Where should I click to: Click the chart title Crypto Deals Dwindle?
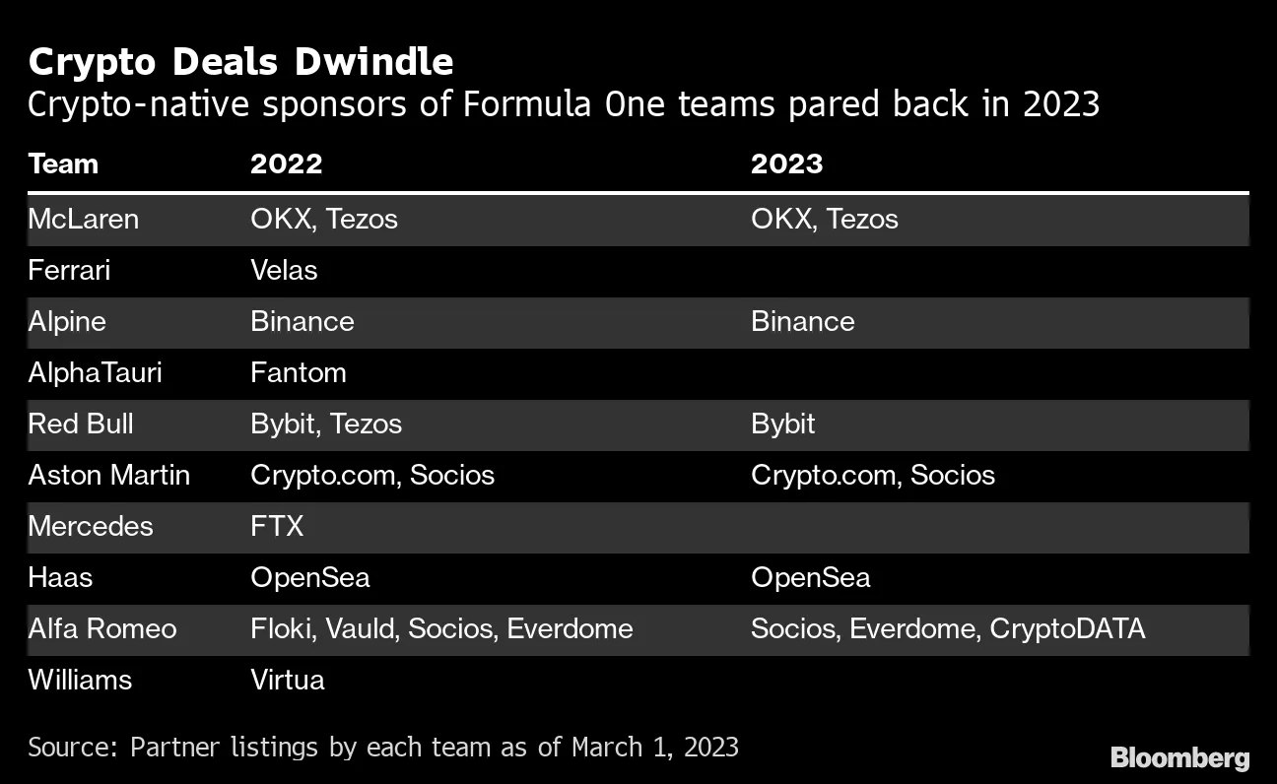tap(240, 62)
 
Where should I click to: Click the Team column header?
tap(63, 163)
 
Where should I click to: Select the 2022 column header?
tap(286, 163)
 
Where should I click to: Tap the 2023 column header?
tap(786, 163)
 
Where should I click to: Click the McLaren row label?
tap(83, 219)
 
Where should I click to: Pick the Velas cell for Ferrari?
tap(284, 270)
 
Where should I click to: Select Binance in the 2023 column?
tap(802, 321)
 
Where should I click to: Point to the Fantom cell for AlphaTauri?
tap(299, 372)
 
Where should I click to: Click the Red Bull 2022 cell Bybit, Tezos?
tap(326, 424)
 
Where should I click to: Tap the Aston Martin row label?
tap(108, 475)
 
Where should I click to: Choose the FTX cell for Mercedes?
tap(277, 526)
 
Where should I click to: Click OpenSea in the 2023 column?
tap(810, 577)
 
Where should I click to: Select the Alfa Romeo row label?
tap(102, 628)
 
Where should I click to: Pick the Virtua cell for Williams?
tap(287, 680)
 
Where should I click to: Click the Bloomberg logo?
tap(1179, 757)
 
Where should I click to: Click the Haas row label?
tap(60, 577)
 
